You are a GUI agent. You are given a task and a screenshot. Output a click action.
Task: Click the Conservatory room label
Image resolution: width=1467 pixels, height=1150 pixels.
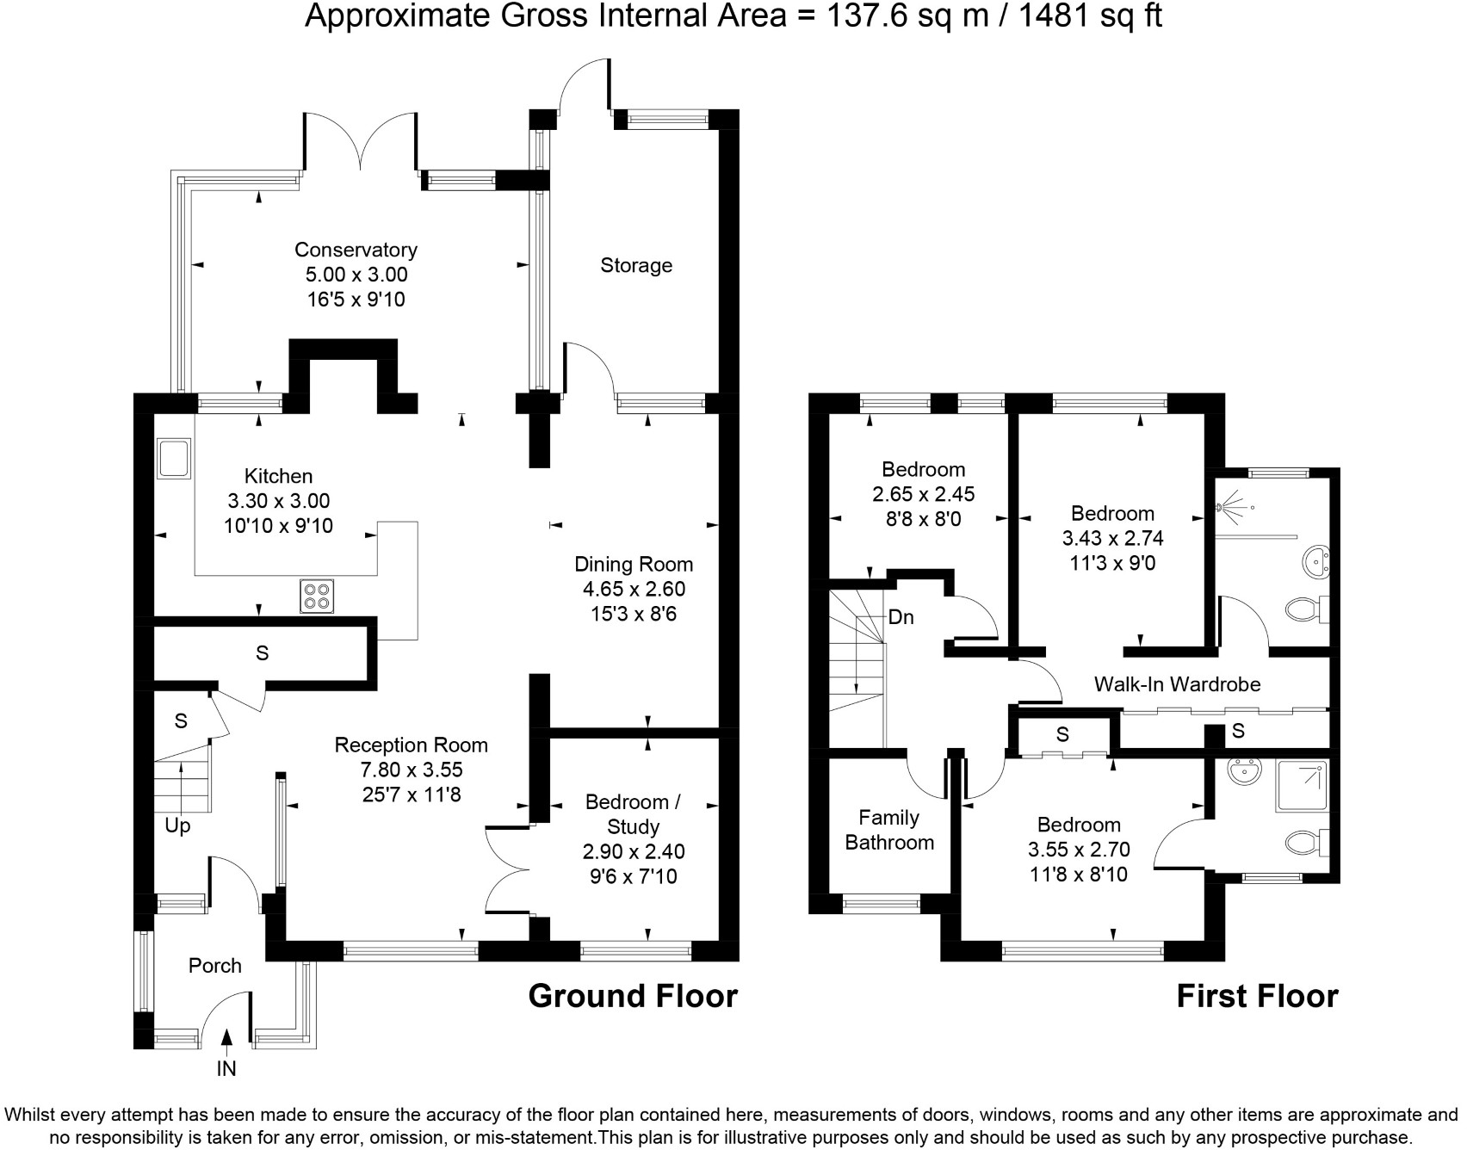tap(356, 250)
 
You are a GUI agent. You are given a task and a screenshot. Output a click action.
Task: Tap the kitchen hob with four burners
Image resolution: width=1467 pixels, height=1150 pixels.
tap(317, 596)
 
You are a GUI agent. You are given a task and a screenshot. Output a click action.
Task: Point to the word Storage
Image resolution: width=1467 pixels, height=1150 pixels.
tap(636, 265)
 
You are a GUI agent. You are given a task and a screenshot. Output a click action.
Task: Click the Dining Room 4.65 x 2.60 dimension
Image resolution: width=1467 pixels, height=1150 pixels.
tap(634, 590)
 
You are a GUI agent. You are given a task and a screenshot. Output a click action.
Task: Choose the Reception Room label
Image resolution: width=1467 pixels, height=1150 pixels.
tap(411, 745)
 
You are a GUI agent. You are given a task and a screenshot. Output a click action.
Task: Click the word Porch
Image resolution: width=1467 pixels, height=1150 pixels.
tap(215, 966)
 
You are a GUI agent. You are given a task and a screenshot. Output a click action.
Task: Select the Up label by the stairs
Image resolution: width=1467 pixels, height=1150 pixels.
tap(177, 826)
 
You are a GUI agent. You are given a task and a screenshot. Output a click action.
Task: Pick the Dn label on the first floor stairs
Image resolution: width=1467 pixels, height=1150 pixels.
tap(901, 618)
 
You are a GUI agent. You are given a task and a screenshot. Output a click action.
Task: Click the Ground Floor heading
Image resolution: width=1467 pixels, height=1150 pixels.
tap(633, 996)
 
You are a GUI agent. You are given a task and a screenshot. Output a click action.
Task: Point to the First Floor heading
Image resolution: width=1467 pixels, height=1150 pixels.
tap(1257, 996)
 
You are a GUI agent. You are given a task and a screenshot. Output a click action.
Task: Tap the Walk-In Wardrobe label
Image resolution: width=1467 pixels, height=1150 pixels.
tap(1177, 684)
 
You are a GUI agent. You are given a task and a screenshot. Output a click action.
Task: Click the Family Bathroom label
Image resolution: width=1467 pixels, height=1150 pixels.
tap(889, 830)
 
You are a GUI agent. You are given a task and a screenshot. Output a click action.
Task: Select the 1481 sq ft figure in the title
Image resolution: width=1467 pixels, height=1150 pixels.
tap(1091, 15)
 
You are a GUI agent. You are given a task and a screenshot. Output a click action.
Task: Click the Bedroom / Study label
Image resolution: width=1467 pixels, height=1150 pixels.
tap(634, 814)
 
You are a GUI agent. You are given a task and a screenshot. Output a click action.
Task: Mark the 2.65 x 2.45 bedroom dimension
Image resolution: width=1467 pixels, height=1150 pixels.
tap(923, 494)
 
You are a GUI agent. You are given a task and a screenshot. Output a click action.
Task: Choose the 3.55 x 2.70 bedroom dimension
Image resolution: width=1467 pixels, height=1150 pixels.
tap(1079, 850)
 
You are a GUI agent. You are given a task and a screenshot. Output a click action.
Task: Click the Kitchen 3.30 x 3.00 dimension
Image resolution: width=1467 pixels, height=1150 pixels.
tap(278, 501)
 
